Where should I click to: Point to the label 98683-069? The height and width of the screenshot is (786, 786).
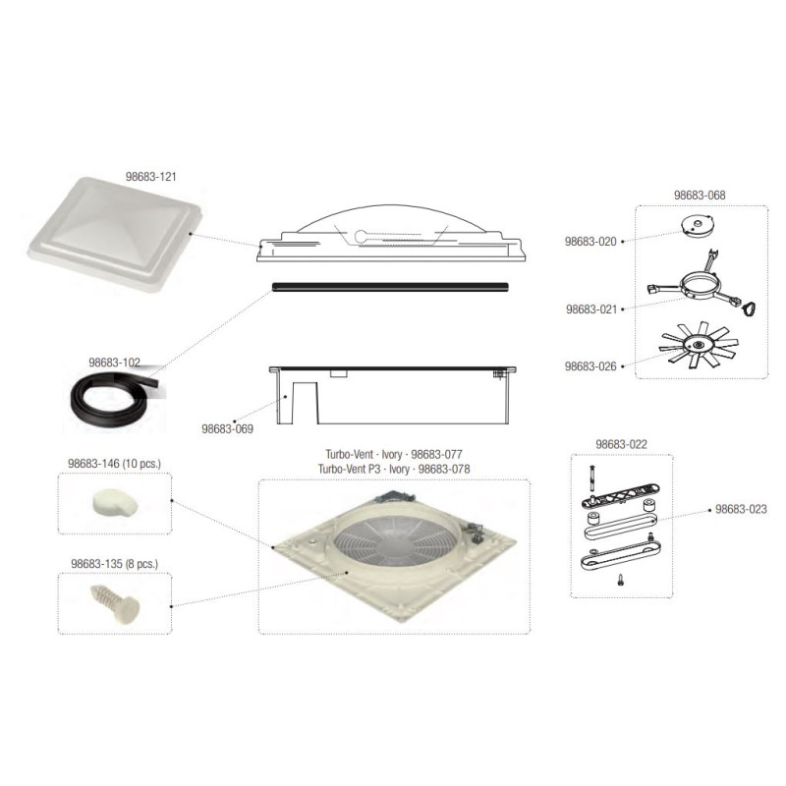tap(228, 428)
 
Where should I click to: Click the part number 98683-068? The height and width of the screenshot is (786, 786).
tap(700, 196)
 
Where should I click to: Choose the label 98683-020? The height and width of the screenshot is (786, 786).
tap(590, 241)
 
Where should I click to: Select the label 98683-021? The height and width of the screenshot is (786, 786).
tap(590, 309)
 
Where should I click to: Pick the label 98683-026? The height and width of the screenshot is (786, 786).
tap(590, 365)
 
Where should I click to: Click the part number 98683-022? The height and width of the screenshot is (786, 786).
tap(621, 444)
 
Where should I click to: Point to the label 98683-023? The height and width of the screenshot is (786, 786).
tap(741, 509)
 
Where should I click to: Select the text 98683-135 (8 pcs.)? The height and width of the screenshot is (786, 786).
tap(114, 564)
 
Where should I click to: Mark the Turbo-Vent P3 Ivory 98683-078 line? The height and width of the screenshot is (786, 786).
tap(393, 470)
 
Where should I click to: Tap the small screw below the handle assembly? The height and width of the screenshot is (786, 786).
tap(621, 583)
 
